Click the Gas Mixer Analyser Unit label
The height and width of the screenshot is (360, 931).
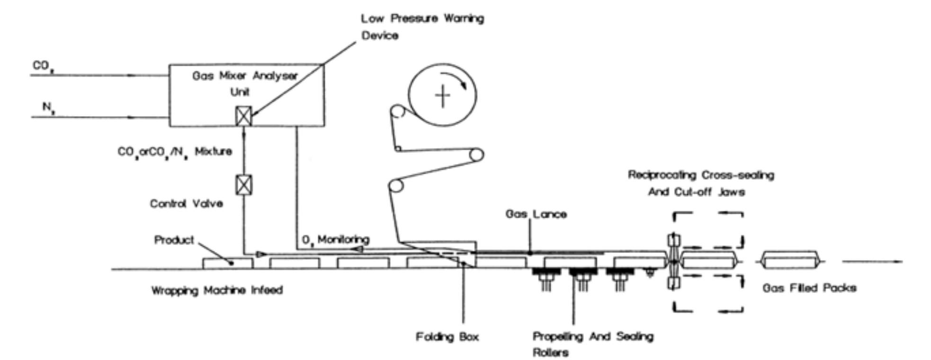pyautogui.click(x=244, y=83)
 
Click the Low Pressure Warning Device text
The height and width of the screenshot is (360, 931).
pyautogui.click(x=422, y=27)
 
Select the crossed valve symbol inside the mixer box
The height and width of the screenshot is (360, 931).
pyautogui.click(x=243, y=116)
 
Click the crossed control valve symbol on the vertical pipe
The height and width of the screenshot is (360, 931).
pyautogui.click(x=244, y=184)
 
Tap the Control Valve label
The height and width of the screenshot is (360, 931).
pyautogui.click(x=186, y=204)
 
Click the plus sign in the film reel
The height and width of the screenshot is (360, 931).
pyautogui.click(x=442, y=96)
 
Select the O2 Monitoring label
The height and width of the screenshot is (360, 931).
pyautogui.click(x=335, y=240)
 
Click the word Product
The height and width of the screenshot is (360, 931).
pyautogui.click(x=174, y=240)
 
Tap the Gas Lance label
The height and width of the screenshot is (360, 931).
pyautogui.click(x=536, y=214)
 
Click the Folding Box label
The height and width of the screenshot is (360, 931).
pyautogui.click(x=447, y=337)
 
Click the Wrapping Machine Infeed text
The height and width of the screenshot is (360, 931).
pyautogui.click(x=217, y=290)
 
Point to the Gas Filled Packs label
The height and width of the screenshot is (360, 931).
pyautogui.click(x=809, y=288)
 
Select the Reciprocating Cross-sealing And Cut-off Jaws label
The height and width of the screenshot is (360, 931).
pyautogui.click(x=701, y=183)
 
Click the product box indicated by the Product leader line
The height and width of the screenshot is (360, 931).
pyautogui.click(x=227, y=263)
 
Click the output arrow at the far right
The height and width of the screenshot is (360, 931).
pyautogui.click(x=872, y=261)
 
